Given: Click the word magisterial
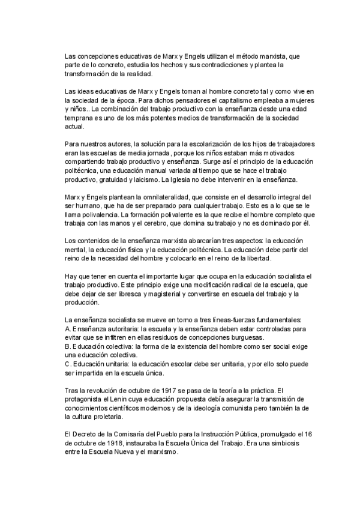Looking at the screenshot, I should pos(175,294).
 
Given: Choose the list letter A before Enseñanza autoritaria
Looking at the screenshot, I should pos(66,330).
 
